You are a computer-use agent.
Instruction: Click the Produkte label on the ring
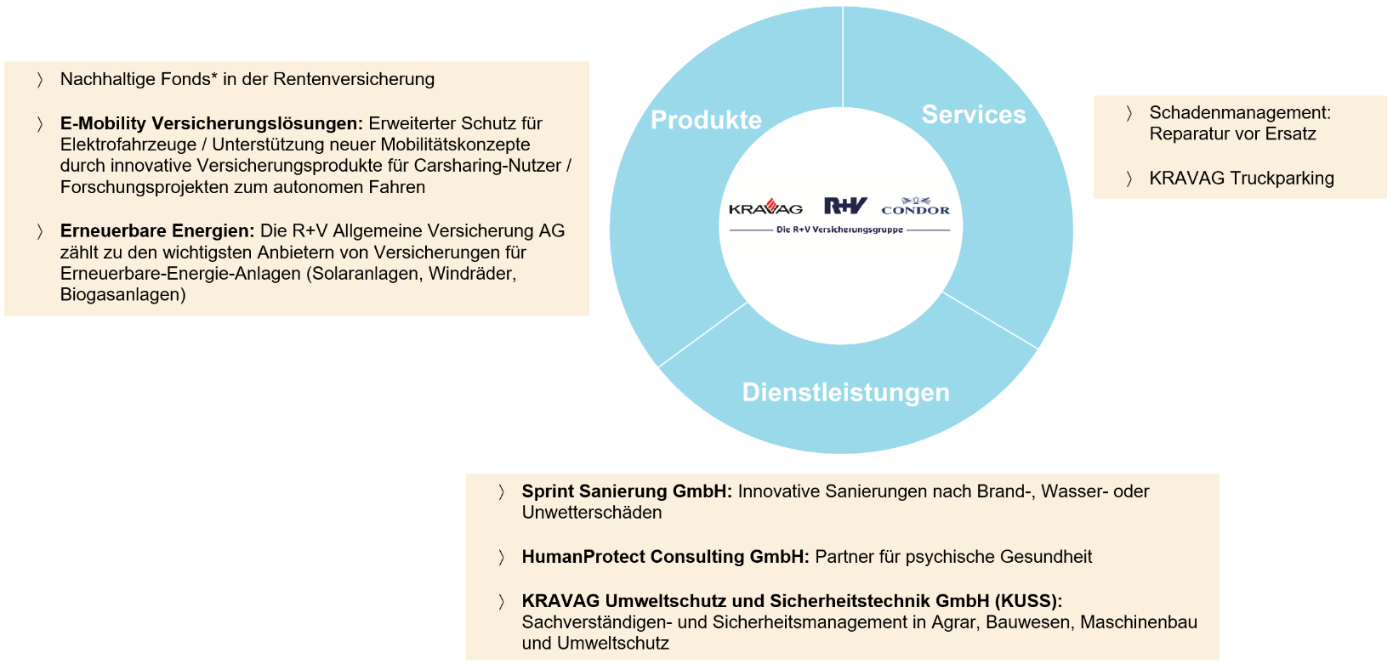click(706, 120)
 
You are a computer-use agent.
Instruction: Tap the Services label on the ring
click(974, 115)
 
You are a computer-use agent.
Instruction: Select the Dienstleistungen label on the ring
click(845, 392)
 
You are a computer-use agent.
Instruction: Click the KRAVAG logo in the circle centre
click(765, 207)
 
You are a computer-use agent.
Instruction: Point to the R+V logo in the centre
click(845, 206)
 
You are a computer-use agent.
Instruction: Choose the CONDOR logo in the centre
click(915, 207)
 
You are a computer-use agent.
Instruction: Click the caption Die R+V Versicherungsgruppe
click(839, 230)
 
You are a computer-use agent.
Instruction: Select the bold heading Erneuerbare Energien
click(157, 230)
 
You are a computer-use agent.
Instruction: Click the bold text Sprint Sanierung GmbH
click(627, 491)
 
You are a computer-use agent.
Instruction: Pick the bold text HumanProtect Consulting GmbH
click(665, 556)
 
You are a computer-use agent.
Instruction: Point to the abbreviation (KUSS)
click(1028, 601)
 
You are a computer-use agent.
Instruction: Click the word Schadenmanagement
click(1240, 112)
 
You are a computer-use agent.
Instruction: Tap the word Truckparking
click(1282, 179)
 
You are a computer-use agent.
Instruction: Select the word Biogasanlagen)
click(123, 295)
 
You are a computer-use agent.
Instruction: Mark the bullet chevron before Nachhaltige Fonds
click(40, 80)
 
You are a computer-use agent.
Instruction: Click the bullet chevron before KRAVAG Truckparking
click(1129, 179)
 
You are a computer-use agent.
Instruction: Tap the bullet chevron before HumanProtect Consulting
click(501, 557)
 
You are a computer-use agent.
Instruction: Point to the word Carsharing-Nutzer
click(487, 166)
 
